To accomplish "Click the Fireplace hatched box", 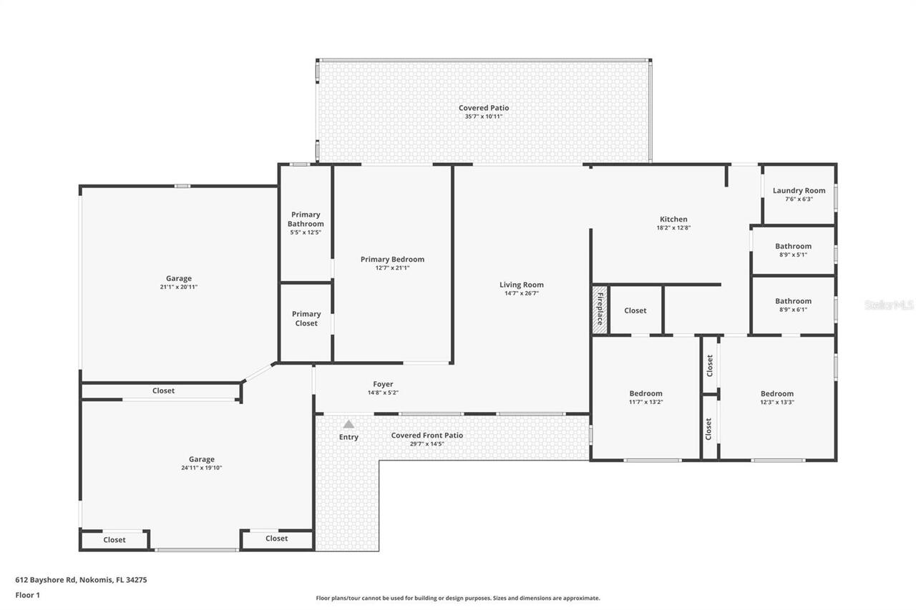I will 600,310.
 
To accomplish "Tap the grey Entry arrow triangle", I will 349,424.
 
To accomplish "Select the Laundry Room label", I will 799,191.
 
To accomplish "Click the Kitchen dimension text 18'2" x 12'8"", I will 673,228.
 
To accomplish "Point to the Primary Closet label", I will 306,319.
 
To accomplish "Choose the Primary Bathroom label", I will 306,219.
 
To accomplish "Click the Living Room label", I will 522,285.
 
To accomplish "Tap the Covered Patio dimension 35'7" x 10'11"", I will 484,117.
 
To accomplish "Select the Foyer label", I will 383,384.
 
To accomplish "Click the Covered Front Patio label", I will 427,436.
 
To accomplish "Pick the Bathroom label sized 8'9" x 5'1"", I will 793,246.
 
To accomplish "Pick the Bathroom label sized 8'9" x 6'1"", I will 793,301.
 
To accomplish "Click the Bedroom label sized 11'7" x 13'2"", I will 645,393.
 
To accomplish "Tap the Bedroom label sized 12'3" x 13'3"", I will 776,393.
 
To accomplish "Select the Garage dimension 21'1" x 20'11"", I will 179,287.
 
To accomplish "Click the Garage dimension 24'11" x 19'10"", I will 201,468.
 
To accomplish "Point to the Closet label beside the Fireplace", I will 635,310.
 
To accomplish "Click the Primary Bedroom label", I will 392,259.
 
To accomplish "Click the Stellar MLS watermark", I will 889,305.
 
